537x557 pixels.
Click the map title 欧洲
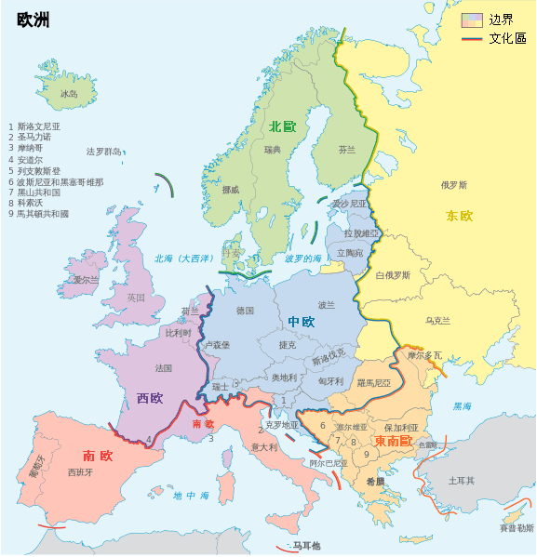click(34, 20)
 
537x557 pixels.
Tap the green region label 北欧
click(282, 126)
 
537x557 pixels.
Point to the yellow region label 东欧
click(459, 216)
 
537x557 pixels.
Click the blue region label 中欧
click(301, 322)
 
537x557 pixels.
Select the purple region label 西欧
click(150, 398)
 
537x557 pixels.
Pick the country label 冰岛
click(69, 94)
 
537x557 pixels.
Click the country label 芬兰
click(346, 149)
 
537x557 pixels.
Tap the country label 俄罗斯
click(454, 184)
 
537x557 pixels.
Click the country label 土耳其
click(462, 481)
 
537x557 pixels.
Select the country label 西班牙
click(80, 472)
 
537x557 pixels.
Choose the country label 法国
click(164, 368)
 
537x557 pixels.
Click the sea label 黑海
click(462, 406)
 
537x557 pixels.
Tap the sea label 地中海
click(191, 496)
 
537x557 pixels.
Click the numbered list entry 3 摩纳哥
click(30, 148)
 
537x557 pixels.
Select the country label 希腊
click(375, 482)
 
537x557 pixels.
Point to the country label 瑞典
click(273, 150)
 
